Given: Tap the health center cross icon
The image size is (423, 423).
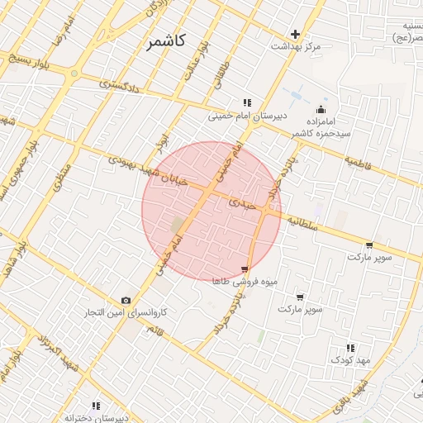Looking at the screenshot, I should point(295,34).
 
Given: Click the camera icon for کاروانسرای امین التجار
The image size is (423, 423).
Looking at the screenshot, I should point(126,301).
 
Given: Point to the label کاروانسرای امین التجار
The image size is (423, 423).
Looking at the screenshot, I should point(128,314).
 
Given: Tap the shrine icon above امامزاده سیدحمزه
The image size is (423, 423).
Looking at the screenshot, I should point(321,110).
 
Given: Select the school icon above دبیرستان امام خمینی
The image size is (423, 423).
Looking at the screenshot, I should point(246,103).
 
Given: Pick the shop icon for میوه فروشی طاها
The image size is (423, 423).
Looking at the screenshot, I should point(244,269).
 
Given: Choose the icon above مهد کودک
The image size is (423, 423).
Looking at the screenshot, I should point(351,348).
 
